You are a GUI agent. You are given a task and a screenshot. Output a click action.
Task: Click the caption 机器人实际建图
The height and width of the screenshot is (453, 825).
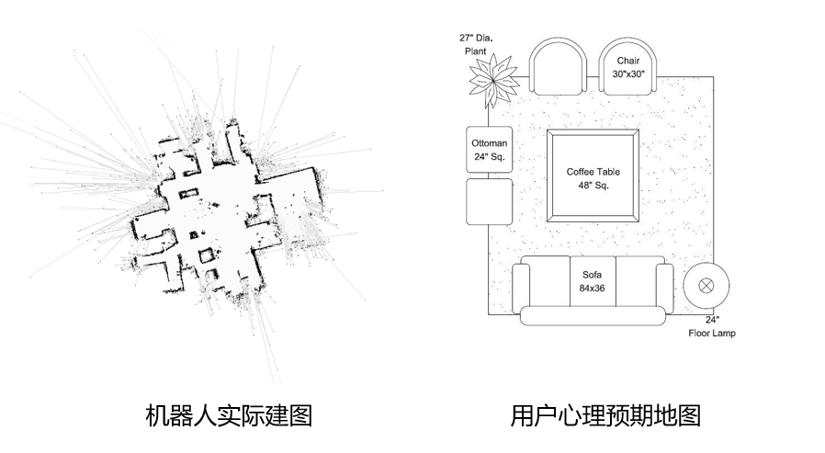pos(229,415)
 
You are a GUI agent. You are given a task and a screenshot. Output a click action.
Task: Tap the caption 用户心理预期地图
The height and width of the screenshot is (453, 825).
pos(605,415)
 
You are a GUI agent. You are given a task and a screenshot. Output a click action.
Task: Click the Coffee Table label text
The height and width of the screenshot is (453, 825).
pos(593,172)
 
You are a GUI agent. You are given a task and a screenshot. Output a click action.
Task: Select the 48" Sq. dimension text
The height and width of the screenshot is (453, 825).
pos(593,185)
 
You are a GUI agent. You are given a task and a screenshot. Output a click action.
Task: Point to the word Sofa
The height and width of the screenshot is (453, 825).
pos(592,274)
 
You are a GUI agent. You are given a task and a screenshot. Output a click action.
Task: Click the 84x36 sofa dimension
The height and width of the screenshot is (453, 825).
pos(592,288)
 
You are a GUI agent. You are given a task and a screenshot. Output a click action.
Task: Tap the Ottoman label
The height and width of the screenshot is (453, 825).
pos(489,144)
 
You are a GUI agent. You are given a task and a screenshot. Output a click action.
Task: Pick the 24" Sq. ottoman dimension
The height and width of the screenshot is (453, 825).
pos(490,157)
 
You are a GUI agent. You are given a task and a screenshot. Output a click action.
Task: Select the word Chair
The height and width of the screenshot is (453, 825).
pos(629,61)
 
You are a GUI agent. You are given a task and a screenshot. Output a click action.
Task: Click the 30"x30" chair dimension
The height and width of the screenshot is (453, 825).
pos(629,74)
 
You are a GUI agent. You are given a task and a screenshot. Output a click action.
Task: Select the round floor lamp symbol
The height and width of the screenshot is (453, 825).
pos(706,284)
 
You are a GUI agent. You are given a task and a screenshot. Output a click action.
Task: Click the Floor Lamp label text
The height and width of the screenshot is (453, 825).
pos(712,333)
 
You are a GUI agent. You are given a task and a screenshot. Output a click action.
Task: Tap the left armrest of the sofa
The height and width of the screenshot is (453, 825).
pos(522,288)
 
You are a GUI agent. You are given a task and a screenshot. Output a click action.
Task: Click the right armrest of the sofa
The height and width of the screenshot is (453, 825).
pos(662,288)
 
